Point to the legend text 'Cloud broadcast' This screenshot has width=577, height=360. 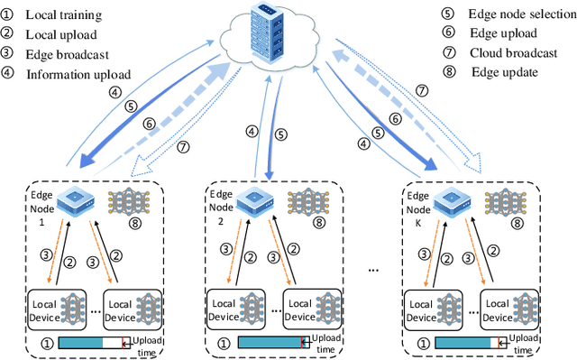(x=511, y=53)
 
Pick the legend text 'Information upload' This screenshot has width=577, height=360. (x=78, y=74)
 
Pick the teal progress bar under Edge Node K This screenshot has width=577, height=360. (x=465, y=343)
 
